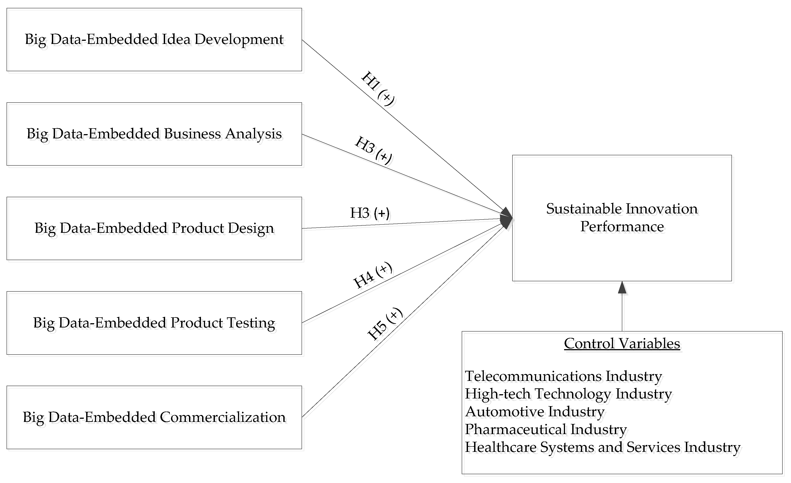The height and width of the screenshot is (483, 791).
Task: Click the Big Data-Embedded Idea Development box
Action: (154, 40)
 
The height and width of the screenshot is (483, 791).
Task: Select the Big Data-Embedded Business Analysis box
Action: (154, 134)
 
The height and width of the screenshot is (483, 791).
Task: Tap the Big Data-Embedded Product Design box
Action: (154, 228)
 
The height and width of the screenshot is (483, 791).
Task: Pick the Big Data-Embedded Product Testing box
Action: (154, 323)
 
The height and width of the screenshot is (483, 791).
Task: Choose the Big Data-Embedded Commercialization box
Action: (154, 417)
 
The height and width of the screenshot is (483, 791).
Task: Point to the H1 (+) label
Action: (378, 89)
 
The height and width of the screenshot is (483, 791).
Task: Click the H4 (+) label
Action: (372, 275)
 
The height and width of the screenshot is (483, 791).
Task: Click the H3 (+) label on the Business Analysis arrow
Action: (373, 150)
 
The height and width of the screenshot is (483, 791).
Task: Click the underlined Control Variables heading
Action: (622, 343)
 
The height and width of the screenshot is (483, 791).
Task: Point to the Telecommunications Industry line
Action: (563, 376)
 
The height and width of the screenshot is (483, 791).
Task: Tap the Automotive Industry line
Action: (535, 412)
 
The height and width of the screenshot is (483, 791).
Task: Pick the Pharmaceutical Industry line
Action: (546, 429)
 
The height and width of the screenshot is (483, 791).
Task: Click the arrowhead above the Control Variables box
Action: (622, 288)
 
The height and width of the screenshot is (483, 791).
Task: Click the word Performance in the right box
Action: (622, 227)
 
